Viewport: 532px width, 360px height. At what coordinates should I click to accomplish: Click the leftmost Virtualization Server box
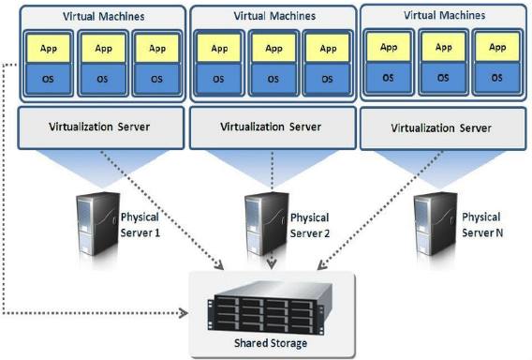pyautogui.click(x=99, y=126)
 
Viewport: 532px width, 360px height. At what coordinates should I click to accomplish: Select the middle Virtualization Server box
pyautogui.click(x=271, y=125)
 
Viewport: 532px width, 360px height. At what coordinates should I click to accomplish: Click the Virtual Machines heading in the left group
pyautogui.click(x=99, y=17)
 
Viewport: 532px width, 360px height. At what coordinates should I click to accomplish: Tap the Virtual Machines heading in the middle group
pyautogui.click(x=271, y=16)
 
